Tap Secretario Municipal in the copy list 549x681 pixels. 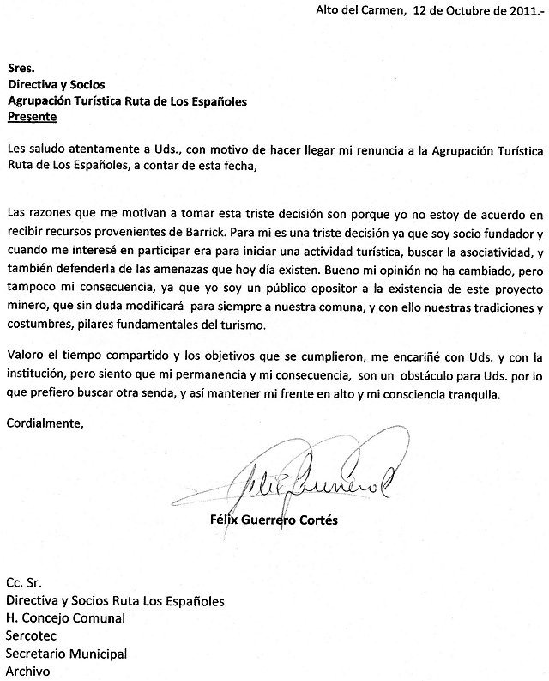pyautogui.click(x=66, y=653)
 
